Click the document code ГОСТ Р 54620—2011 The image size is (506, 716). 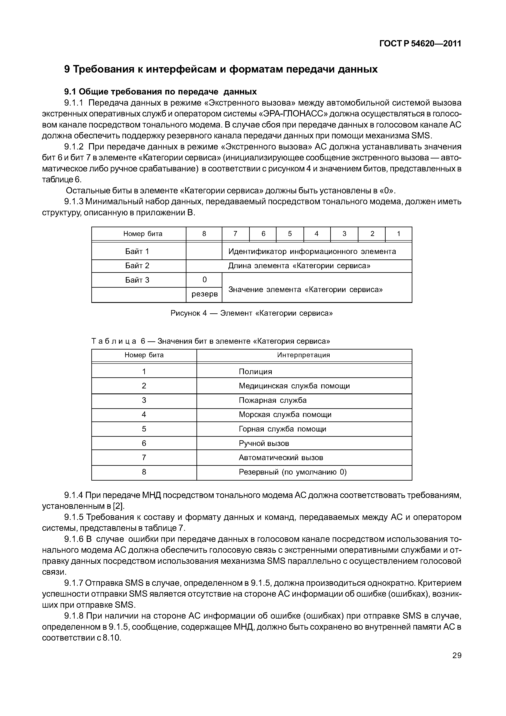point(420,44)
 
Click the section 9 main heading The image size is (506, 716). point(221,69)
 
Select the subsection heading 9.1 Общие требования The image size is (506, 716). point(160,92)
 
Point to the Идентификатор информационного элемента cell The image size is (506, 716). point(312,251)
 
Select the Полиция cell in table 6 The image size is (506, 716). point(255,372)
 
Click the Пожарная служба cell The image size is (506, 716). point(273,400)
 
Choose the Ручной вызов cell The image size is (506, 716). point(264,443)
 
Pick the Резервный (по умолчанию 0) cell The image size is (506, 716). point(292,472)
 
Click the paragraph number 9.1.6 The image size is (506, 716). point(74,539)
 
